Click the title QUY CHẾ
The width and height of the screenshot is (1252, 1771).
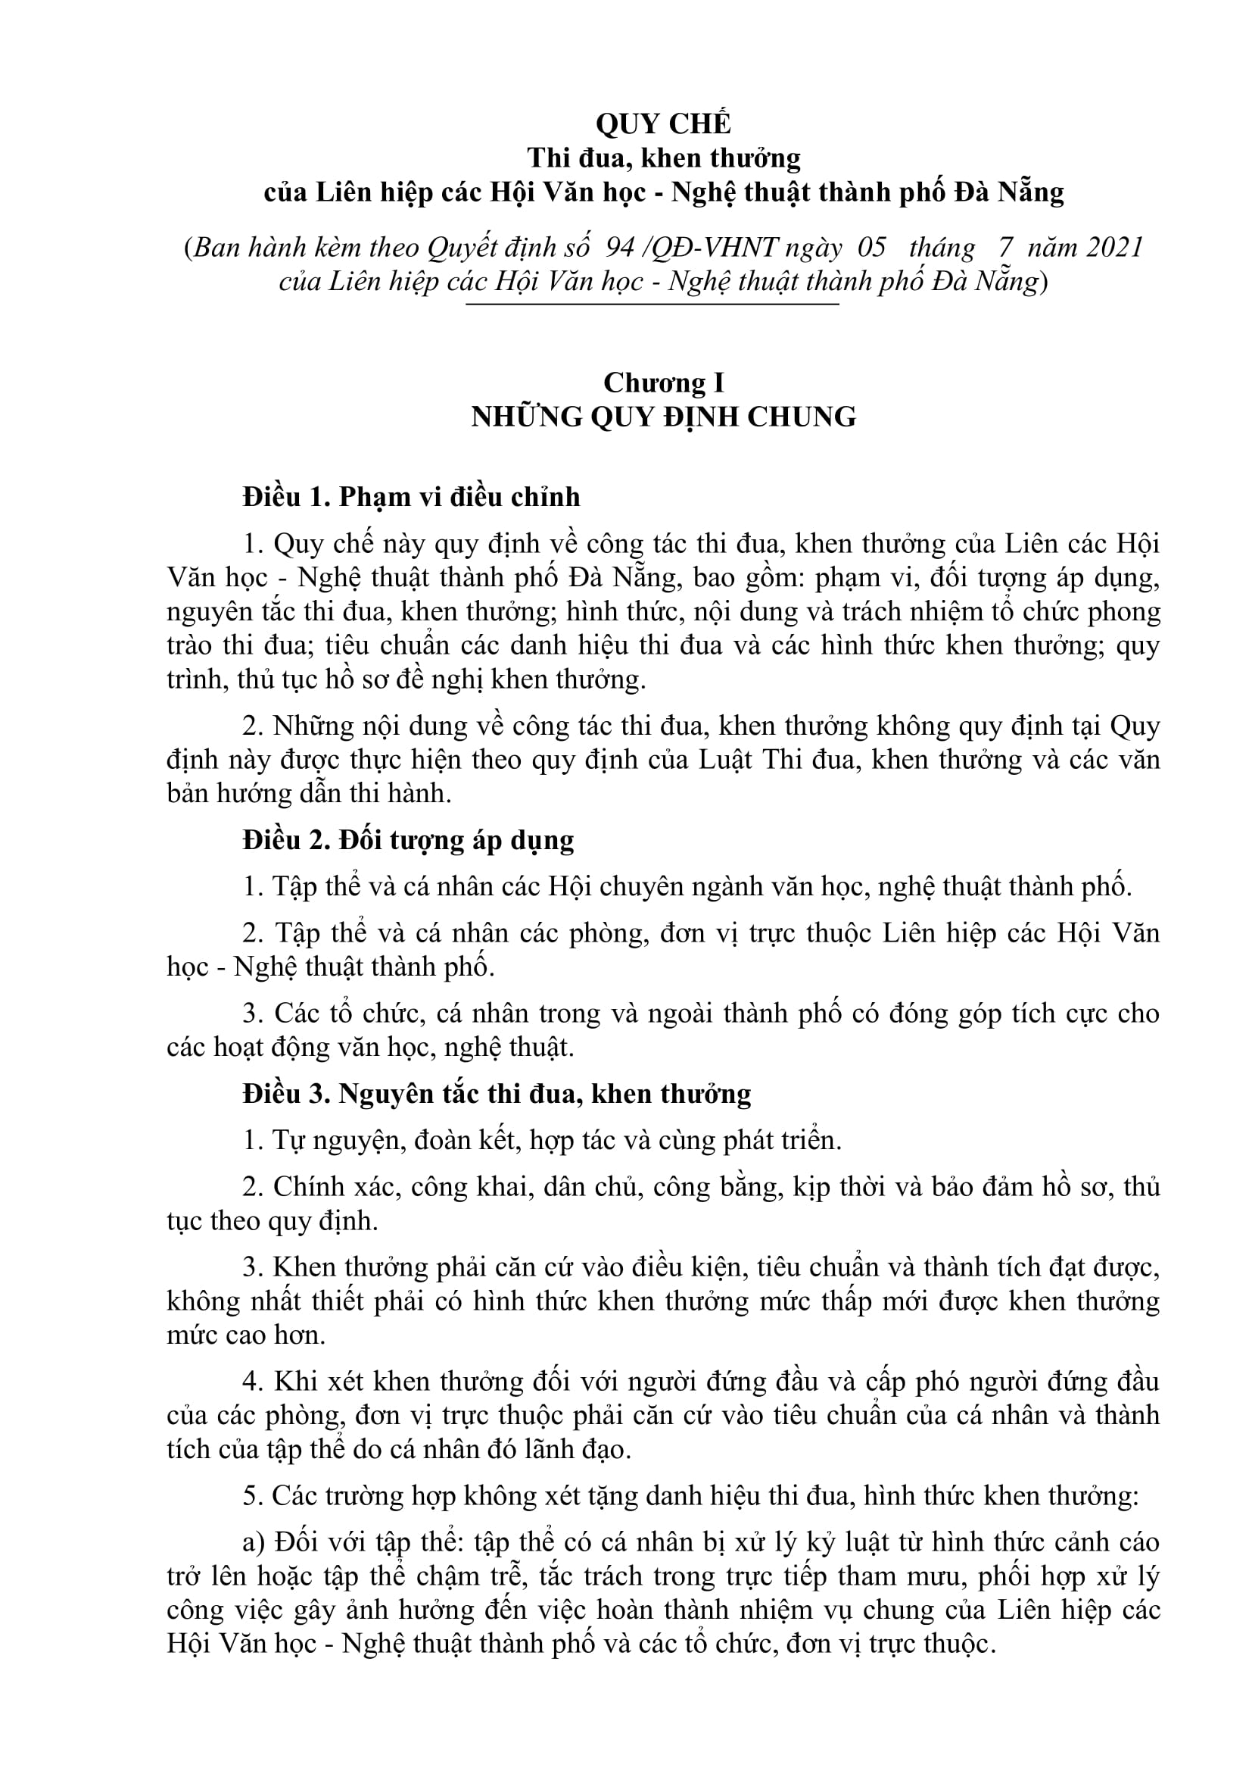[x=663, y=123]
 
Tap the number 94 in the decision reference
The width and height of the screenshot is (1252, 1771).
[x=620, y=248]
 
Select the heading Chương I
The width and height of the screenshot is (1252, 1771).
[x=663, y=383]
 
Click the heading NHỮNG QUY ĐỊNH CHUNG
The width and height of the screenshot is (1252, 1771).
[x=663, y=417]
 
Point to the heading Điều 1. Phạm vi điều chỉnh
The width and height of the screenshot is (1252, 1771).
[x=411, y=497]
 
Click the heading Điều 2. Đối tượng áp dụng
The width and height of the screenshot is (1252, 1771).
[x=408, y=840]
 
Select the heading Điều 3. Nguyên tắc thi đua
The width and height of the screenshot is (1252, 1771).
[x=497, y=1094]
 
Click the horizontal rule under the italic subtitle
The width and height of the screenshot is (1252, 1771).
[x=652, y=305]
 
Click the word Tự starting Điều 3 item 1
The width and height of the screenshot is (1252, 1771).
[x=288, y=1140]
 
